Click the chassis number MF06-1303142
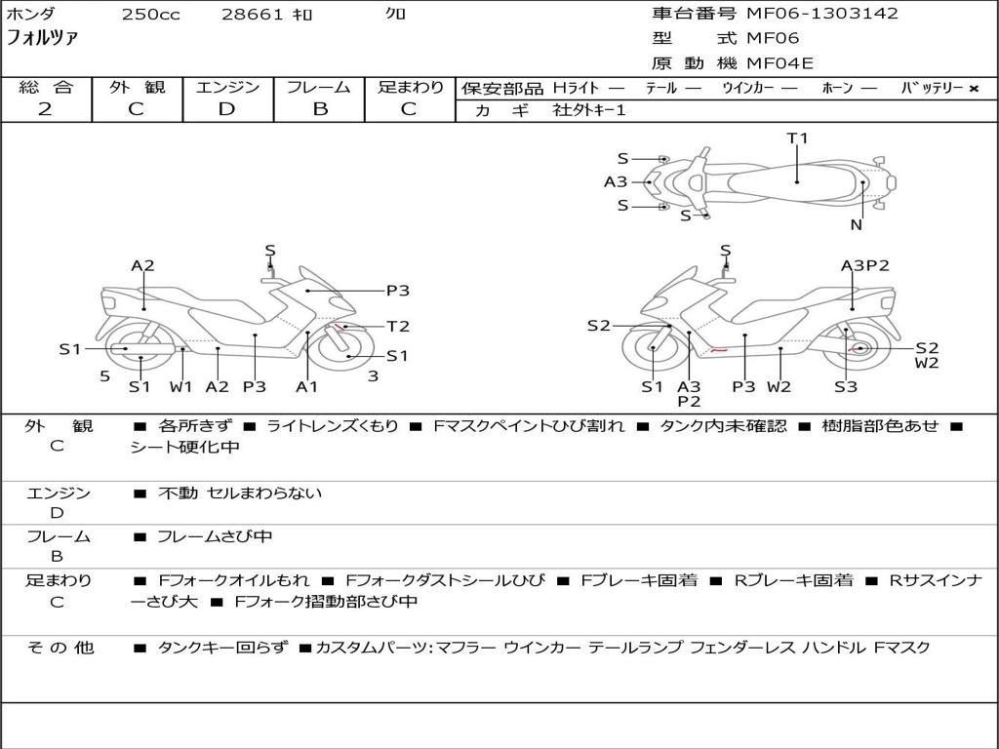pos(822,14)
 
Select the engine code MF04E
pos(780,64)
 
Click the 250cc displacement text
pos(150,15)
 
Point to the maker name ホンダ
pos(31,14)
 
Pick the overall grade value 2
pos(45,109)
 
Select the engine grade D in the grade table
pos(226,109)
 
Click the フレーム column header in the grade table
pos(318,88)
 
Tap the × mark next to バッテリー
pos(973,89)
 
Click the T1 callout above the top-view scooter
pos(798,138)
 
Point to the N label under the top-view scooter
pos(856,225)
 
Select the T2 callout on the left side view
pos(398,327)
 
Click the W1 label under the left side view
pos(180,387)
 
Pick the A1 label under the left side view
pos(307,387)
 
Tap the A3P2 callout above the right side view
pos(865,265)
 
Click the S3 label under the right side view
pos(846,387)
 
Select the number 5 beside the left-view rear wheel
pos(104,375)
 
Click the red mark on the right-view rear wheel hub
pos(859,348)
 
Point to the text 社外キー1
pos(589,110)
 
